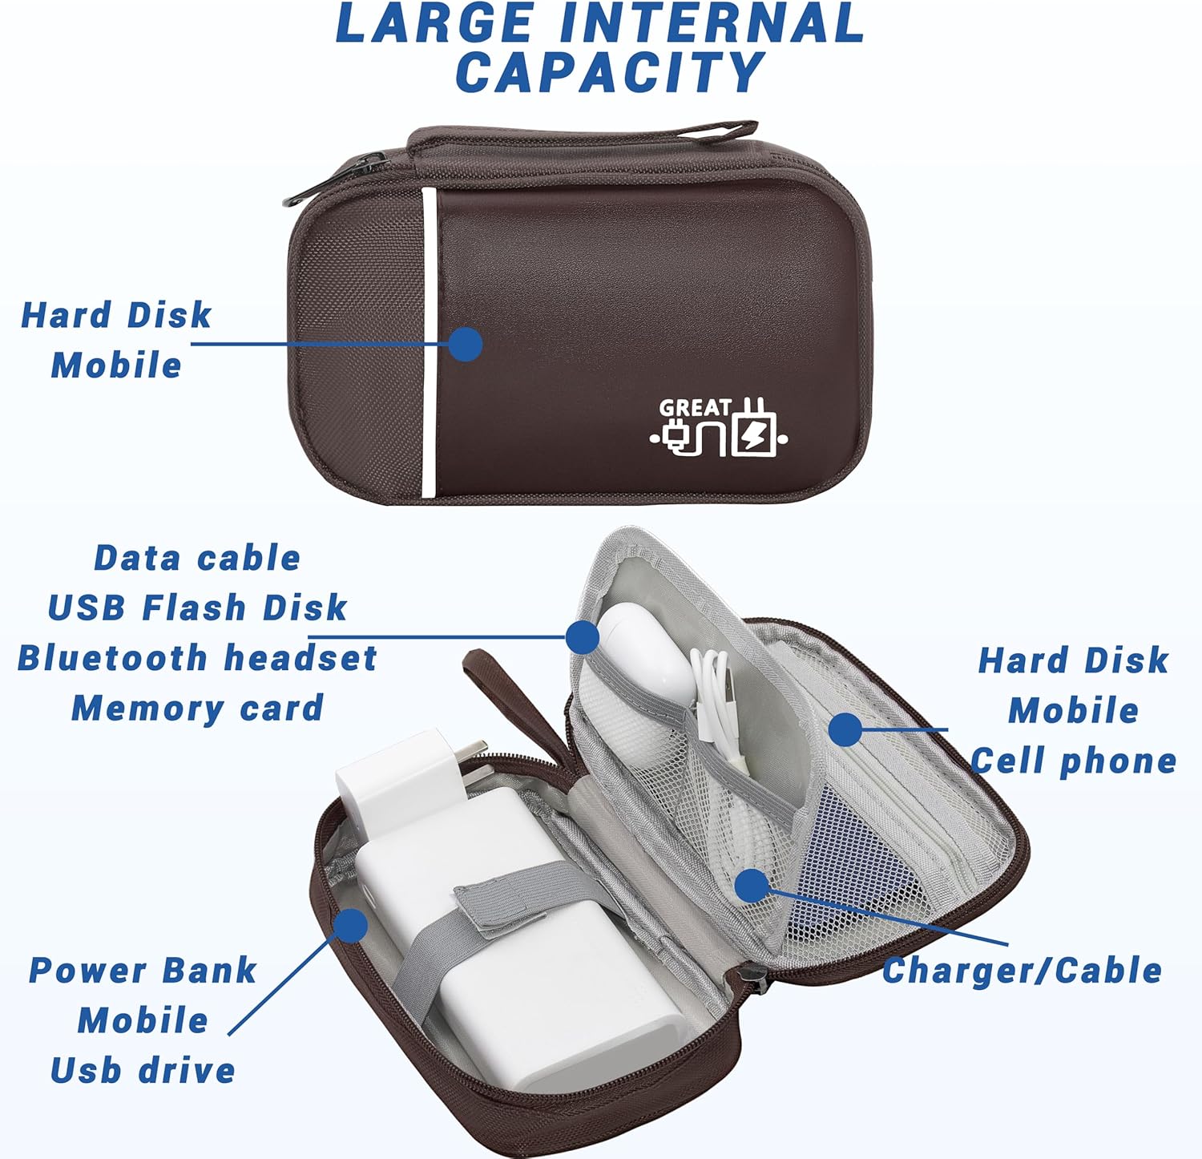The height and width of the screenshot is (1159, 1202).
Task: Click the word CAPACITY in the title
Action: (610, 72)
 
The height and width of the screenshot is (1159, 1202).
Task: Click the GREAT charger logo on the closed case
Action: (719, 427)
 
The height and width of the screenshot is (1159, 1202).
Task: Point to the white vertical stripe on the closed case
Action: (430, 343)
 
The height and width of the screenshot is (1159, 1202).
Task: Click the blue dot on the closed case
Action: (466, 345)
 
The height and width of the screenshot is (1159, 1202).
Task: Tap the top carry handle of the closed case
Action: (583, 138)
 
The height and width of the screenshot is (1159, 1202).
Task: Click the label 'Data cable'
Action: (197, 558)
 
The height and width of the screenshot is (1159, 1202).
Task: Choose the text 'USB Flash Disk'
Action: (197, 608)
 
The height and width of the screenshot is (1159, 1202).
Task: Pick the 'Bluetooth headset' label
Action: (197, 658)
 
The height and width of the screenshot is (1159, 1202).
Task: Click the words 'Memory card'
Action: (197, 709)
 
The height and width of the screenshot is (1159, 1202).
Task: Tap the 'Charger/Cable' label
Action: (1023, 971)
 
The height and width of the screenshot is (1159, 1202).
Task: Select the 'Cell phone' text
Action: (1074, 761)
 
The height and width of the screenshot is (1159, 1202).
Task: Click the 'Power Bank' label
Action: (143, 971)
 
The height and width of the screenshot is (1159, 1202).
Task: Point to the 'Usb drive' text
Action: (143, 1071)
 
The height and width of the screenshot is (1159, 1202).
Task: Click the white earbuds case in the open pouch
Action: (645, 649)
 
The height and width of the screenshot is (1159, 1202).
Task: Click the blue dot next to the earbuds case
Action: (583, 637)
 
